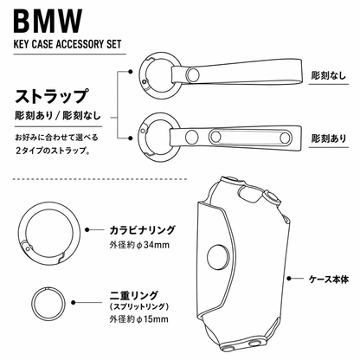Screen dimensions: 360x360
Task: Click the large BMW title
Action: click(48, 22)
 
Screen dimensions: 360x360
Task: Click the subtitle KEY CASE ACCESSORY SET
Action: click(67, 44)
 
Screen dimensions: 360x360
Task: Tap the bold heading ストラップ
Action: click(51, 97)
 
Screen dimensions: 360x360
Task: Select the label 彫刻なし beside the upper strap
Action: click(329, 75)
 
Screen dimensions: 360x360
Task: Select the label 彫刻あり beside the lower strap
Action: click(329, 138)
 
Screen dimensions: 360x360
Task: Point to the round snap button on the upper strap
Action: click(193, 75)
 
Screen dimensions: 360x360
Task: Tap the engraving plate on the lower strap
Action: click(250, 137)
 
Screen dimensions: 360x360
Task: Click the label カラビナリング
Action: click(142, 230)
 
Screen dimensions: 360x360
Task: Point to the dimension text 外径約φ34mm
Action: click(139, 245)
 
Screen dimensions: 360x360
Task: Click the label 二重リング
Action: click(134, 295)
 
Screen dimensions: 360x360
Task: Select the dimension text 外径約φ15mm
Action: click(138, 319)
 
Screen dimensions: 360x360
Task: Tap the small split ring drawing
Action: click(31, 303)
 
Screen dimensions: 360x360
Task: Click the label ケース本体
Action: click(329, 280)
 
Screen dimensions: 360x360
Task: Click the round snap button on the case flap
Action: click(218, 256)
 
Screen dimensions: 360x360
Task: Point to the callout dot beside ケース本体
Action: click(289, 279)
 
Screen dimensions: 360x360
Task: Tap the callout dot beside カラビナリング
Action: click(87, 230)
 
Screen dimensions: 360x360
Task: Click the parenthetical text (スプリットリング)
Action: click(139, 306)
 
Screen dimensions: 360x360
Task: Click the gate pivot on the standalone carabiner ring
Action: click(28, 247)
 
